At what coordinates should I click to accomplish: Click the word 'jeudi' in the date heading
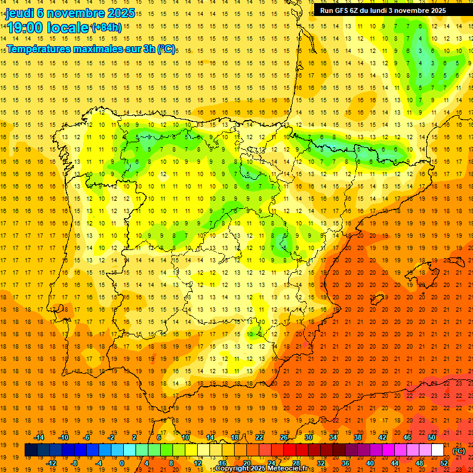20,13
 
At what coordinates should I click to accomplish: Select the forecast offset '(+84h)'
107,28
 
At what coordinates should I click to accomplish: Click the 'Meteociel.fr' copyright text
291,469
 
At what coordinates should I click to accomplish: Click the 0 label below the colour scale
122,463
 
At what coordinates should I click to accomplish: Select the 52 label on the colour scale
444,463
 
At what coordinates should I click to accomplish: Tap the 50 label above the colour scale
432,437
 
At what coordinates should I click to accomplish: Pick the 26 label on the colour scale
284,437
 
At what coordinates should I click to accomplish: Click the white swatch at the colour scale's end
438,450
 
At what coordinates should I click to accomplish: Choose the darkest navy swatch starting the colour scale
31,450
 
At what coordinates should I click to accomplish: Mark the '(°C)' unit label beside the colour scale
459,451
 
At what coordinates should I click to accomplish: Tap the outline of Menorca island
463,261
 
